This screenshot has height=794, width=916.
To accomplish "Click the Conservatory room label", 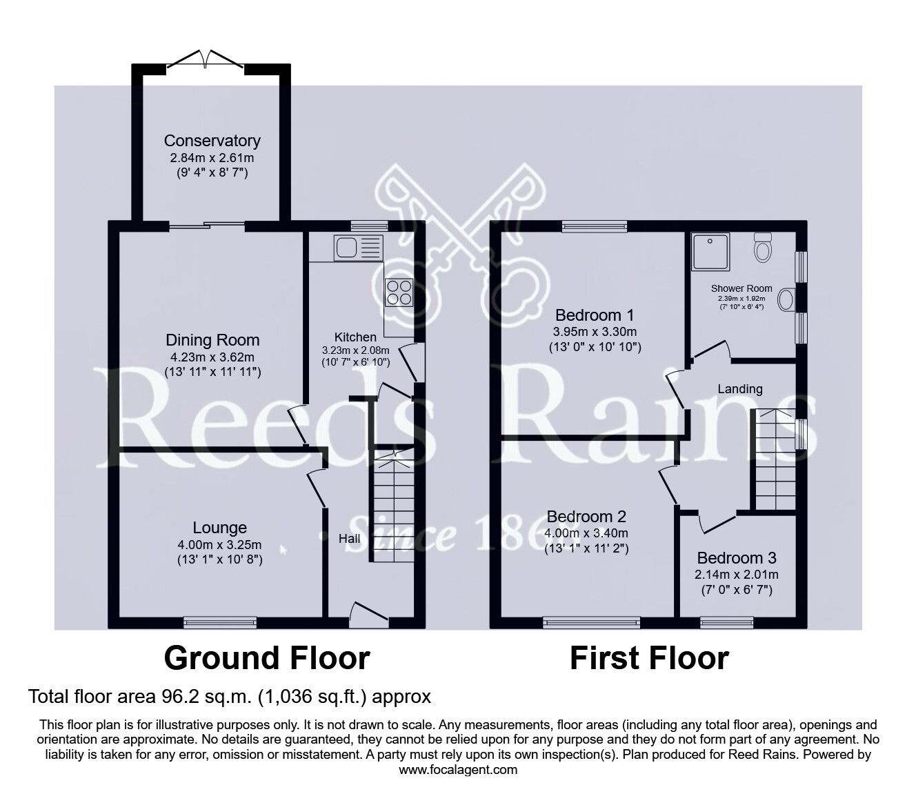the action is click(212, 141).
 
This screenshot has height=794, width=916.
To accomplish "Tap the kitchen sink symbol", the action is click(359, 247).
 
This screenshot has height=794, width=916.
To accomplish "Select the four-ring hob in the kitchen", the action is click(399, 292).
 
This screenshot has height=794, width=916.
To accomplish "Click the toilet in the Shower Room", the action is click(763, 248).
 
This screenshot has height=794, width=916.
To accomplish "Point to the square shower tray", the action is click(711, 252).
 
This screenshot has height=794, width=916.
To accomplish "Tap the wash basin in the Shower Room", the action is click(786, 299).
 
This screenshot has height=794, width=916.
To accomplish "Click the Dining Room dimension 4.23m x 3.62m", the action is click(212, 357).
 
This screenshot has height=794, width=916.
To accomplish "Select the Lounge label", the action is click(220, 528).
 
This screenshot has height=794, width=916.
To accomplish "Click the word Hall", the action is click(349, 539).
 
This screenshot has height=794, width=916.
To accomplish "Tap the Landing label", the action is click(740, 389).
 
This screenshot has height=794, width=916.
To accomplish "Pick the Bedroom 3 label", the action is click(737, 557).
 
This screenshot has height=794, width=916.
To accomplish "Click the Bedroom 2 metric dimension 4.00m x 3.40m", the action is click(586, 533).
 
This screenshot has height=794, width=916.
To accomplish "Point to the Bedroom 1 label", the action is click(595, 315).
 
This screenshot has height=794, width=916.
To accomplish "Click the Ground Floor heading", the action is click(267, 658).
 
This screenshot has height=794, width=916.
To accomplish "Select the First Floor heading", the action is click(649, 658).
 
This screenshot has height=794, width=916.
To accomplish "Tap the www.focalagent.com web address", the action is click(458, 770).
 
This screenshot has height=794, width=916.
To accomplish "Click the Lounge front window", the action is click(220, 624).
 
